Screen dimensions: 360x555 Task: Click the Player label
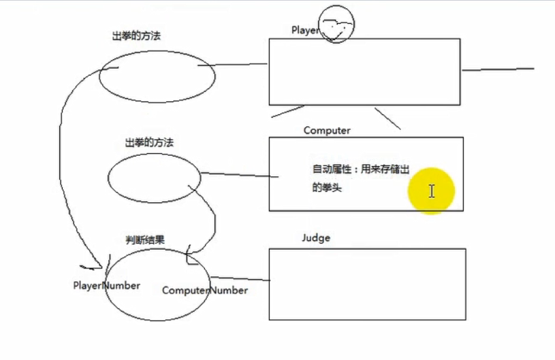(304, 30)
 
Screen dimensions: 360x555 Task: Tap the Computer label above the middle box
(327, 130)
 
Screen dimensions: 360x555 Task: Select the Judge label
(315, 238)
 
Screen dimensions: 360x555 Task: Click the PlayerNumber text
(106, 285)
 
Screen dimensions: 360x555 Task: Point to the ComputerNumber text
(204, 291)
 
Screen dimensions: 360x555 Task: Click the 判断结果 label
(145, 240)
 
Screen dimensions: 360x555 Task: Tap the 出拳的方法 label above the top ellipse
(136, 35)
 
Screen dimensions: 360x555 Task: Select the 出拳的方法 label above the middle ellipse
(149, 143)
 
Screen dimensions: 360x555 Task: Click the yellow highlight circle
(431, 191)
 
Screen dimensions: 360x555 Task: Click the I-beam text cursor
(432, 191)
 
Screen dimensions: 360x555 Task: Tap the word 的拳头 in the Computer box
(326, 188)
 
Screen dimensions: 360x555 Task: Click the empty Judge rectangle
(367, 284)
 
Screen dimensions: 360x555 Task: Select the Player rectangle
(364, 71)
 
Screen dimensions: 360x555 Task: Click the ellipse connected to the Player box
(157, 77)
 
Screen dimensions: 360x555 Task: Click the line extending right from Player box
(497, 69)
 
